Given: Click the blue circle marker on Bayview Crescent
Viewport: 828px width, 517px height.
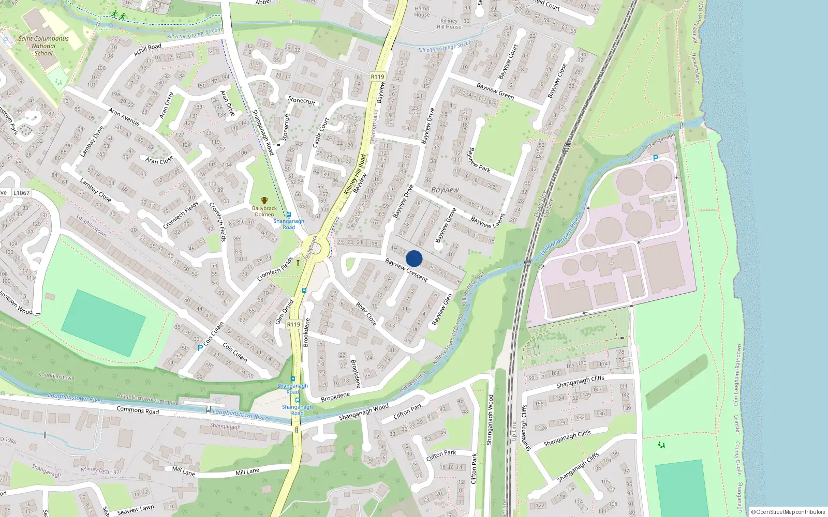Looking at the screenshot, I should click(x=414, y=258).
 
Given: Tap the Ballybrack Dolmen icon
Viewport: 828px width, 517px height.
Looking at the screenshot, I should click(x=264, y=201).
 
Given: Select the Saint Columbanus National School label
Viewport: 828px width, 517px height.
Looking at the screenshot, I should click(x=43, y=45).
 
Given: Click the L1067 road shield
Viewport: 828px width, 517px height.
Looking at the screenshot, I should click(x=21, y=193).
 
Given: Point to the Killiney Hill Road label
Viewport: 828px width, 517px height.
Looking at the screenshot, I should click(x=355, y=174).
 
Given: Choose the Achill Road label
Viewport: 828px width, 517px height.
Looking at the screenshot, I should click(x=147, y=50).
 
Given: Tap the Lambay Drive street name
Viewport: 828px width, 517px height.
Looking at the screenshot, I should click(x=92, y=141).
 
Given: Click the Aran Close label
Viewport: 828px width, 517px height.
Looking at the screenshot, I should click(x=159, y=160).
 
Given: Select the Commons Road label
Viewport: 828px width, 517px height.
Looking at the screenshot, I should click(x=138, y=410).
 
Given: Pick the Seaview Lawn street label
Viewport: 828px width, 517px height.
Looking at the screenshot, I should click(x=136, y=510).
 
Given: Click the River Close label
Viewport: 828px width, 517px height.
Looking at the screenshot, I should click(x=366, y=313).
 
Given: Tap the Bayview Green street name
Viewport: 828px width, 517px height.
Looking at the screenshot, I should click(x=495, y=91).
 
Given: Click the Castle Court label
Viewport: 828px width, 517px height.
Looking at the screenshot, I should click(x=321, y=132).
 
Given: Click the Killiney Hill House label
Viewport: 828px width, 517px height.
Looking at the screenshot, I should click(x=449, y=24).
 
